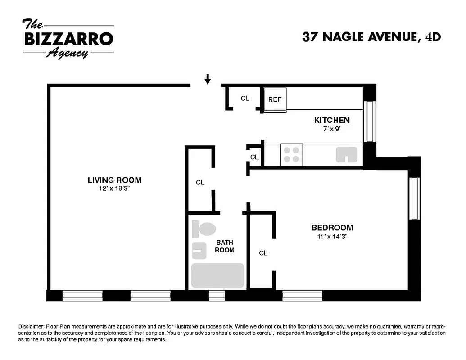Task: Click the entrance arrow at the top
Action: coord(208,80)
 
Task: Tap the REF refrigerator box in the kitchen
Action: coord(275,99)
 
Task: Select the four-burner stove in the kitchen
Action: coord(291,155)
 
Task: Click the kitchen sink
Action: coord(347,154)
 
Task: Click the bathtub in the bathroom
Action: coord(217,275)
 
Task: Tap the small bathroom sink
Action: coord(199,250)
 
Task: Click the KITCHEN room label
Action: coord(332,120)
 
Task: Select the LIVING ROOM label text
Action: coord(114,180)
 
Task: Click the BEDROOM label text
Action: coord(332,228)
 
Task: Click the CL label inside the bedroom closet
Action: coord(263,253)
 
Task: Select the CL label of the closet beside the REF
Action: coord(244,99)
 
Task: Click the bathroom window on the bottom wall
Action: coord(217,296)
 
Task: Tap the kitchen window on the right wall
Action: coord(369,121)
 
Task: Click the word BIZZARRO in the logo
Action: coord(68,39)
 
